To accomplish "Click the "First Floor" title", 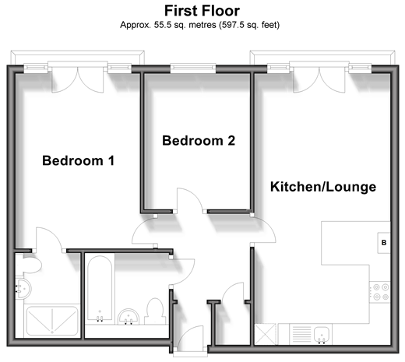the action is (x=202, y=11).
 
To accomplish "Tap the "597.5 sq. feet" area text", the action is (x=249, y=25).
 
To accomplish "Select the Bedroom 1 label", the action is (x=79, y=160).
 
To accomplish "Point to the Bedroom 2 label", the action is (x=199, y=140).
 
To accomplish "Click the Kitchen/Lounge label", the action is (x=323, y=187).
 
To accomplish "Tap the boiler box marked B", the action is (x=384, y=243).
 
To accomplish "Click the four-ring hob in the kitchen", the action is (x=380, y=292).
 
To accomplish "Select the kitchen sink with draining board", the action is (x=311, y=334).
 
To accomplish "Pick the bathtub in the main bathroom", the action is (x=100, y=288).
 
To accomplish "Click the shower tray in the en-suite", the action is (x=52, y=321).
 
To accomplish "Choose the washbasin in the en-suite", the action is (x=23, y=288).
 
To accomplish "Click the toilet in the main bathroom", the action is (x=155, y=311).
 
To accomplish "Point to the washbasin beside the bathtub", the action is (x=129, y=317).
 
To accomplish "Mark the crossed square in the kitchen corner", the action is (x=266, y=334).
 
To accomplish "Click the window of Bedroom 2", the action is (x=193, y=69).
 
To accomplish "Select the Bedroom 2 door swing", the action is (x=190, y=200).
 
